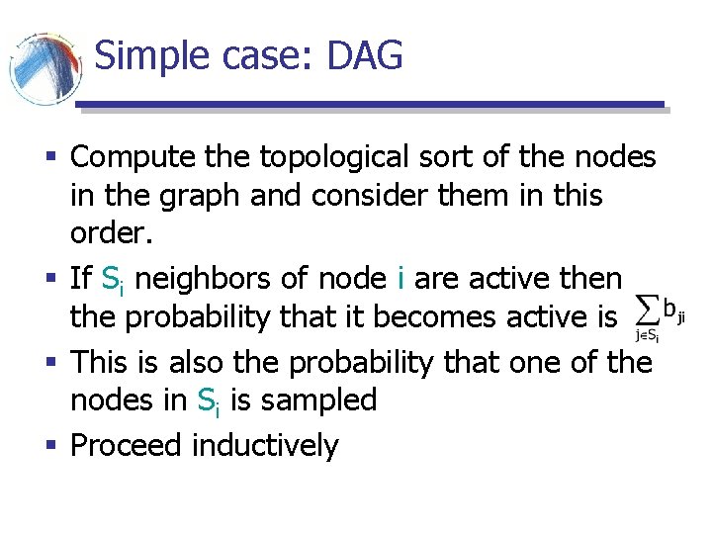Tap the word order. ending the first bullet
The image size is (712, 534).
pyautogui.click(x=108, y=233)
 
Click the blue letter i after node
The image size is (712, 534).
pyautogui.click(x=400, y=279)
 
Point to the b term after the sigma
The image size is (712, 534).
pyautogui.click(x=669, y=309)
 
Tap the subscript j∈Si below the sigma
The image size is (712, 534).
pyautogui.click(x=648, y=336)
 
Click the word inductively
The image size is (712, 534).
pyautogui.click(x=265, y=446)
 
